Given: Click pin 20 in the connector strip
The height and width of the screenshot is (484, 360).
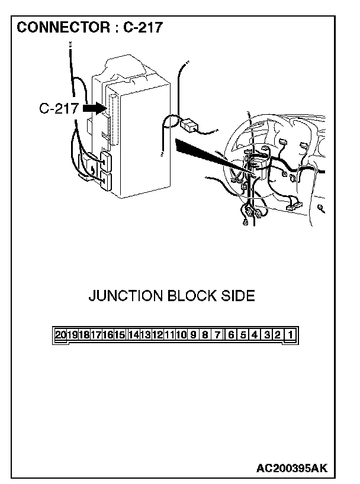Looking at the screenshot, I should tap(60, 335).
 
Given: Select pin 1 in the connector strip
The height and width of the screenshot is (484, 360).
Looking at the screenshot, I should tap(290, 335).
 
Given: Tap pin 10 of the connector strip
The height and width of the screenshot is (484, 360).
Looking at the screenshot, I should tap(181, 335).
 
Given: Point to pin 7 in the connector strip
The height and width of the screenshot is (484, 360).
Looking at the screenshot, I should tap(218, 335).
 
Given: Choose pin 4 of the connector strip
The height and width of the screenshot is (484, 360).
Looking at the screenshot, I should tap(255, 335).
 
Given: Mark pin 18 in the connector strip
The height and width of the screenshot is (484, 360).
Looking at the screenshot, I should tap(84, 335).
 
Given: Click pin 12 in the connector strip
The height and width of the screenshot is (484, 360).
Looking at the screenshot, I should tap(157, 335).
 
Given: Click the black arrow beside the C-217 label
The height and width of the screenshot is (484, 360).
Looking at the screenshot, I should tap(93, 108).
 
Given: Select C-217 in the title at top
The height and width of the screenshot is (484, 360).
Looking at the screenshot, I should tap(143, 27).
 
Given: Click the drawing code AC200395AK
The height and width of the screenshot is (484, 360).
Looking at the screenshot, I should tap(291, 469).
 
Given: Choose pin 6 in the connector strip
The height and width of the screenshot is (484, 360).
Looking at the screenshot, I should tap(230, 335).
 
